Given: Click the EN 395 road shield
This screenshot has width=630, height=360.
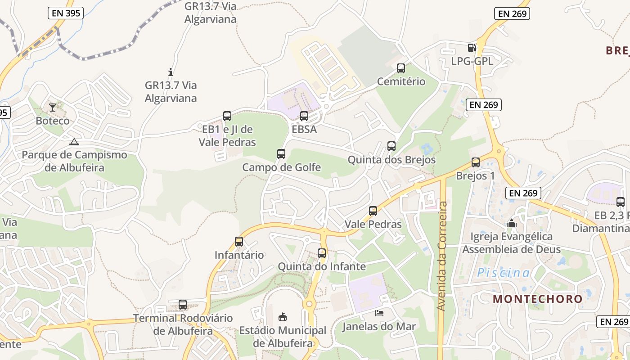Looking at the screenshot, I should pyautogui.click(x=66, y=13).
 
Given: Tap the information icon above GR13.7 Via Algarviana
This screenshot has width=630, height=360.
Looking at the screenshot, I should pyautogui.click(x=171, y=72).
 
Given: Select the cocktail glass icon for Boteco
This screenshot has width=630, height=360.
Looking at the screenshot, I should pyautogui.click(x=53, y=107).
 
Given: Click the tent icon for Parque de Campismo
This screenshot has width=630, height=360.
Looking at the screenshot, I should pyautogui.click(x=74, y=142).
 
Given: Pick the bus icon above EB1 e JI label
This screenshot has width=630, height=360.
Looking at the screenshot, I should pyautogui.click(x=227, y=116).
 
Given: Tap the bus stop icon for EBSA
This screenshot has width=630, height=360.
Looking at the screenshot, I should pyautogui.click(x=304, y=116).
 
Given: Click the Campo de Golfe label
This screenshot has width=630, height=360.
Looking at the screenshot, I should pyautogui.click(x=281, y=167).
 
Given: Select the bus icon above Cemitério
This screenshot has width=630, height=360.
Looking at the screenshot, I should pyautogui.click(x=401, y=68).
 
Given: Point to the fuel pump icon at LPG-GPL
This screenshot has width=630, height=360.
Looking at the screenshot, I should pyautogui.click(x=472, y=47).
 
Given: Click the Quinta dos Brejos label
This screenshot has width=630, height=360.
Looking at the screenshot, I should pyautogui.click(x=391, y=160).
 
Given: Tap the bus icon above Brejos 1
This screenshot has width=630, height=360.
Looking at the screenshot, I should pyautogui.click(x=476, y=162).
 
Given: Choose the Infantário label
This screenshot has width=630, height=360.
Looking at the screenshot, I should pyautogui.click(x=239, y=255).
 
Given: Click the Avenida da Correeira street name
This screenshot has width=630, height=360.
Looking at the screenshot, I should pyautogui.click(x=442, y=256).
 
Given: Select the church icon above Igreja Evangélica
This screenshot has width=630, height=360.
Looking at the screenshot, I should pyautogui.click(x=512, y=223).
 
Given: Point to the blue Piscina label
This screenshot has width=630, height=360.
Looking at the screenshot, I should pyautogui.click(x=504, y=273).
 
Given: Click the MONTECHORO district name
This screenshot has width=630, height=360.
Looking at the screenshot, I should pyautogui.click(x=537, y=298).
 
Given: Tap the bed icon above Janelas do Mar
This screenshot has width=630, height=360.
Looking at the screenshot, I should pyautogui.click(x=379, y=313).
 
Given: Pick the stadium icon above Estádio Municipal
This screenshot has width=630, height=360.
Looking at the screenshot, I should pyautogui.click(x=283, y=317).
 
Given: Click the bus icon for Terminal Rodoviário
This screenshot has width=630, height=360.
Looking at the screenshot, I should pyautogui.click(x=183, y=305).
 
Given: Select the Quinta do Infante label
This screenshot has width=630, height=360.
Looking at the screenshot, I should pyautogui.click(x=321, y=266).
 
